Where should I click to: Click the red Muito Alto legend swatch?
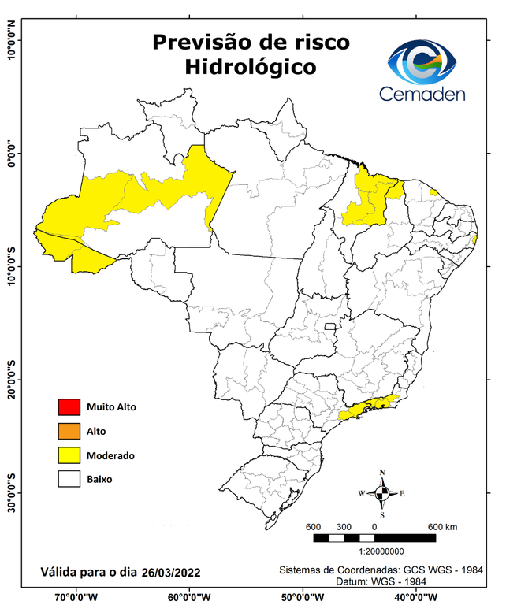[69, 407]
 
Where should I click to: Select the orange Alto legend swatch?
[69, 431]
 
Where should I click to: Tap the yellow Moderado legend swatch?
[69, 455]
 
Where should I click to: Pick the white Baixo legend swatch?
[69, 478]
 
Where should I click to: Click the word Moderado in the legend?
[111, 455]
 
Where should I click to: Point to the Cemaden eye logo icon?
[426, 62]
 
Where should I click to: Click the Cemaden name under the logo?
[422, 95]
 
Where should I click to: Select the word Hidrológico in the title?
[251, 67]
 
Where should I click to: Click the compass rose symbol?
[382, 493]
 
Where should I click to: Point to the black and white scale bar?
[374, 538]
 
